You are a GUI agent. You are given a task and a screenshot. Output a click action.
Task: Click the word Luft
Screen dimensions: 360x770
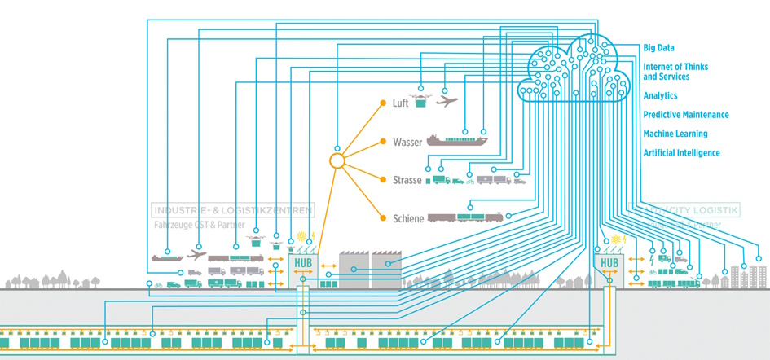coord(400,103)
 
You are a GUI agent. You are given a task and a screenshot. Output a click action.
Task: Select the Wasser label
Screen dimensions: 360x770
coord(407,143)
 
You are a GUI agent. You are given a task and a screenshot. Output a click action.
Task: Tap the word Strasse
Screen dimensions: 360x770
coord(407,180)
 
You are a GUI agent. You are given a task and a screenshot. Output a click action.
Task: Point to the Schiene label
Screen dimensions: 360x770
coord(407,217)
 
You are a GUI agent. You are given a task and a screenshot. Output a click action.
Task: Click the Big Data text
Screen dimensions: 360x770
coord(658,48)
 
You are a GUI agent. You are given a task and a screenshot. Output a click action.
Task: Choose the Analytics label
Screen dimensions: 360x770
coord(660,96)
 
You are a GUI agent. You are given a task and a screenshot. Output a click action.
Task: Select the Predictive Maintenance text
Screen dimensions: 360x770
coord(686,115)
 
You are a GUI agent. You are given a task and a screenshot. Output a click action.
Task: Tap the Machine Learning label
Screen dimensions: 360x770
coord(675,134)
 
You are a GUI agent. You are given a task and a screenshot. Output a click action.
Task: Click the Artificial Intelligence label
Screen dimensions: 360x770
coord(681,152)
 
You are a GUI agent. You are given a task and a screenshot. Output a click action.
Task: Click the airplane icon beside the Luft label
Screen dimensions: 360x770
coord(447,101)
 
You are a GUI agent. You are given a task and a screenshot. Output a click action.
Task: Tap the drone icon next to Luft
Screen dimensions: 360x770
coord(421,101)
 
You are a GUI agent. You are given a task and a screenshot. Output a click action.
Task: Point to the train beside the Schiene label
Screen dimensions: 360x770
coord(466,217)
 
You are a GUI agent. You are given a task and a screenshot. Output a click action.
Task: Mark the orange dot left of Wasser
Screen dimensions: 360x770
coord(381,143)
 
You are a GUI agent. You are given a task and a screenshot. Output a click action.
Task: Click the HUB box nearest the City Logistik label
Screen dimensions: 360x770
coord(609,263)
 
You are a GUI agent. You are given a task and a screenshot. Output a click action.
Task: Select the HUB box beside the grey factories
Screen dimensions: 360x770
coord(301,263)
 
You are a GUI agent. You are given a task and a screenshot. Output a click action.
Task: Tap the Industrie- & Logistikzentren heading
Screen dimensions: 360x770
coord(232,210)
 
